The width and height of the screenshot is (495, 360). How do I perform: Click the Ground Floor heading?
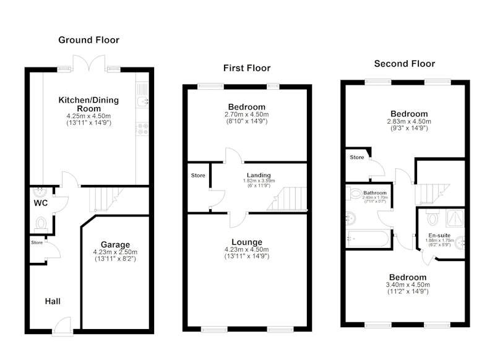click(x=88, y=40)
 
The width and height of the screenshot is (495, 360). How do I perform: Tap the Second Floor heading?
click(x=405, y=64)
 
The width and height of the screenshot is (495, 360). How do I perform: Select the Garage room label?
click(x=115, y=245)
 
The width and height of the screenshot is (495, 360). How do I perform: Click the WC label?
click(x=41, y=203)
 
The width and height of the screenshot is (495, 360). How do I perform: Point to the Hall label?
click(x=53, y=301)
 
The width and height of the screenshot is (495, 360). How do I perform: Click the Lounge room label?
click(x=247, y=242)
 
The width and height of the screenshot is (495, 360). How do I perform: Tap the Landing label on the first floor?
click(x=259, y=175)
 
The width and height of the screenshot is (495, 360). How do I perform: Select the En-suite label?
click(x=439, y=236)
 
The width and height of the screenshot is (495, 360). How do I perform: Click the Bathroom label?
click(x=375, y=193)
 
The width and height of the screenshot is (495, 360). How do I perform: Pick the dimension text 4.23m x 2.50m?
click(x=115, y=252)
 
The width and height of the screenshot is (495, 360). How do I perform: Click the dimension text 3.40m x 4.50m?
click(x=408, y=285)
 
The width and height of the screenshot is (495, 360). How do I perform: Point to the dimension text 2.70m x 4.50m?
click(x=247, y=114)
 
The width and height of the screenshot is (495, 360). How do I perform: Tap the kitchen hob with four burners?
click(x=142, y=129)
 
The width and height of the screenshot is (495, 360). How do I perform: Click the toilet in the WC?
click(x=41, y=224)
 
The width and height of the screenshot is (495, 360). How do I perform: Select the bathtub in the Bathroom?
click(x=368, y=239)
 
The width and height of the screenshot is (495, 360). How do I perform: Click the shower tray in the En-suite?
click(x=455, y=218)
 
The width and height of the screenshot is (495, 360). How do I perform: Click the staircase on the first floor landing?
click(x=287, y=199)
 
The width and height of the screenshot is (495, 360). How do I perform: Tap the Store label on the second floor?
click(x=357, y=157)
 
